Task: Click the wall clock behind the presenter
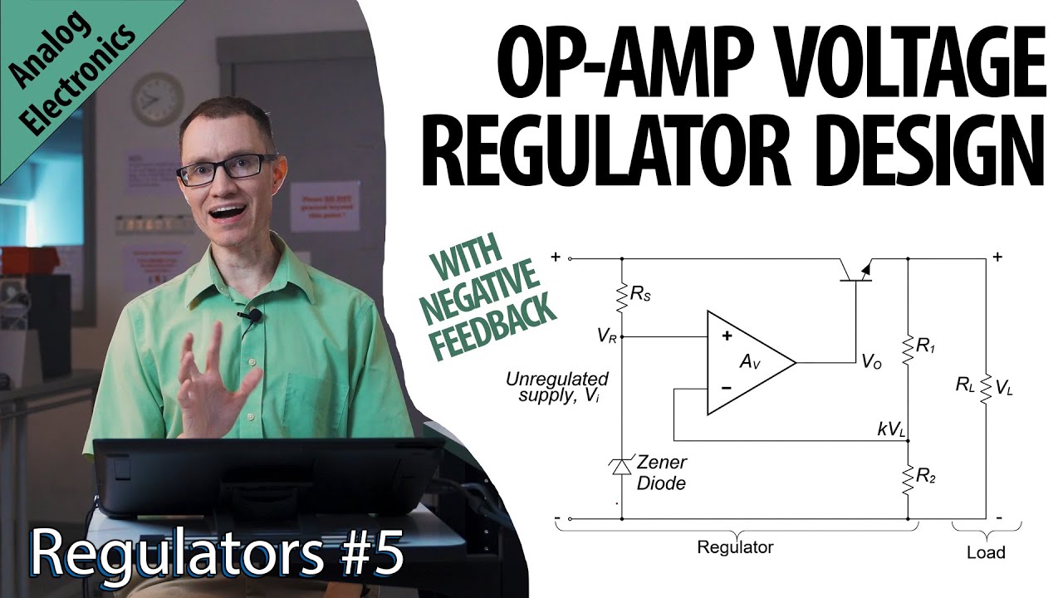156,99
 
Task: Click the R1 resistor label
926,346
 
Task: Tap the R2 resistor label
926,475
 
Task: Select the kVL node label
890,429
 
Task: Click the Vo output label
871,361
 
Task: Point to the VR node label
606,336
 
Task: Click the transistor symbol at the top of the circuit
855,271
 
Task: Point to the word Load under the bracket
986,552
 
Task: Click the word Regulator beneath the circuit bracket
735,547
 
